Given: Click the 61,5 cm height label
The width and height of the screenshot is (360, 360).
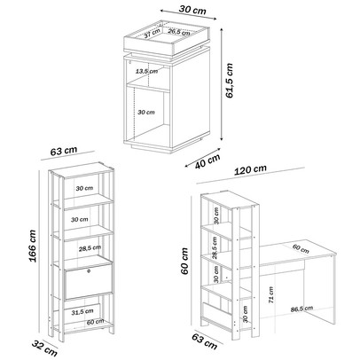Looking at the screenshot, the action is [230, 81].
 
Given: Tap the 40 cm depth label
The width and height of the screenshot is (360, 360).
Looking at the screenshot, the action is [207, 161].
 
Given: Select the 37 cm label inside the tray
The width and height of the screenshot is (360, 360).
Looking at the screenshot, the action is [153, 34].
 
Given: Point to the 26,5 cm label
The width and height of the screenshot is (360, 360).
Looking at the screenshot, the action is [179, 32].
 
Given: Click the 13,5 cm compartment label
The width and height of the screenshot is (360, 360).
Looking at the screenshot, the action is [146, 71].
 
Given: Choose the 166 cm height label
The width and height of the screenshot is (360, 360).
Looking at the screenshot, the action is [32, 247].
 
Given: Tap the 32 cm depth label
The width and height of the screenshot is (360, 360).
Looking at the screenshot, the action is [44, 348].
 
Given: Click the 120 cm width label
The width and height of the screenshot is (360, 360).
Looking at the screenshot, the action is [250, 169].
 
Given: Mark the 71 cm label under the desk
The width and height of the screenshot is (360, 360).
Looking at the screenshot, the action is [270, 295].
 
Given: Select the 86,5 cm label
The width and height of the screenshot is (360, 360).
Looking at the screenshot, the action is [301, 309].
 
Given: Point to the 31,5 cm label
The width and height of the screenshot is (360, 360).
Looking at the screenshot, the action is [82, 311].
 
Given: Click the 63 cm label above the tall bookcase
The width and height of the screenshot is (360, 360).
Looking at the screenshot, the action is [64, 151].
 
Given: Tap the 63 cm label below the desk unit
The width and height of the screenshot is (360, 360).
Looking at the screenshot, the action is [205, 341].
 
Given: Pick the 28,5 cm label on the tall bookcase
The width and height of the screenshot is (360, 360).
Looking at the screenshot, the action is [90, 248].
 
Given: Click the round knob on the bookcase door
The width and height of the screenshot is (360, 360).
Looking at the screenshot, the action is [88, 270].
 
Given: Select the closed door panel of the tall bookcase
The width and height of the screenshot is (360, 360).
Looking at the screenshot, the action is [89, 282].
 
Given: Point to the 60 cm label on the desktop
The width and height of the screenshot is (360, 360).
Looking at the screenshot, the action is [301, 249].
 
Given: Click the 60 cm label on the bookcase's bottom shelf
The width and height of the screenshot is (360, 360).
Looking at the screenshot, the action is [95, 321].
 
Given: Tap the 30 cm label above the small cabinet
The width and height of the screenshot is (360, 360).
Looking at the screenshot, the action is [192, 10].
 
